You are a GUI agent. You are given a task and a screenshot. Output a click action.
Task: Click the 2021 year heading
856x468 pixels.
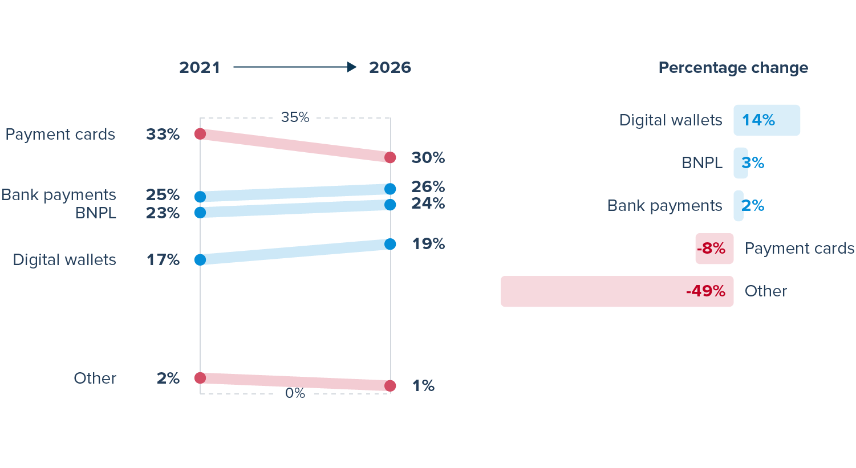click(x=200, y=67)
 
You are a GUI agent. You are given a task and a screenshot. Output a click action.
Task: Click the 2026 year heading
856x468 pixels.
click(x=390, y=67)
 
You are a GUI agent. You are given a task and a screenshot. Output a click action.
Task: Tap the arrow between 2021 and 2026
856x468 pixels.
click(x=295, y=67)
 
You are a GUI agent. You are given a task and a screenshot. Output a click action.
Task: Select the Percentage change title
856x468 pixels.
click(x=733, y=67)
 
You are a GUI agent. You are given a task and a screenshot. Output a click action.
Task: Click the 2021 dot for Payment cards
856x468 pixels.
click(x=200, y=134)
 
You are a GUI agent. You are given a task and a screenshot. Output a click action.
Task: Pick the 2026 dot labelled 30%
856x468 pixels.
click(x=390, y=157)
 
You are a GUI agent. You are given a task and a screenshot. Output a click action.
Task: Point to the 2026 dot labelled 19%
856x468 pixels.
click(x=390, y=244)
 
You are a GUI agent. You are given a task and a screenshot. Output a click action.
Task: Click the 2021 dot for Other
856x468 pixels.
click(x=200, y=378)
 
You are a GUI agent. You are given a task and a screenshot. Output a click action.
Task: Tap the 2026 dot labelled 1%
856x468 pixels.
click(x=390, y=386)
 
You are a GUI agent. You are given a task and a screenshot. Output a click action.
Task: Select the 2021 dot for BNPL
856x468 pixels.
click(x=200, y=213)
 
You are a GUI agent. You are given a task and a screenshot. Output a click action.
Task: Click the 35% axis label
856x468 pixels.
click(x=295, y=117)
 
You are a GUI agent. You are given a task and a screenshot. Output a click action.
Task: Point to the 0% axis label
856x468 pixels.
click(x=295, y=393)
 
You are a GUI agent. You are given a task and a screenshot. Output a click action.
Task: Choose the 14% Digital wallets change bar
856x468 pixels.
click(x=766, y=120)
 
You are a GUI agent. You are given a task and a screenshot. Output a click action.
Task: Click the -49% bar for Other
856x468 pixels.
click(x=616, y=291)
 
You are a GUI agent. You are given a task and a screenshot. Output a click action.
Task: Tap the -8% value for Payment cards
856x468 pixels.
click(x=711, y=249)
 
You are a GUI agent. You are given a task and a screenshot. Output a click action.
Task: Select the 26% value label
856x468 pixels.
click(x=428, y=186)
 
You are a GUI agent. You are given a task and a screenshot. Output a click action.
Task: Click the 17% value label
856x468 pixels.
click(x=163, y=260)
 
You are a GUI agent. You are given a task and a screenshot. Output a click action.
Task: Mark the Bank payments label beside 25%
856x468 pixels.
click(x=59, y=195)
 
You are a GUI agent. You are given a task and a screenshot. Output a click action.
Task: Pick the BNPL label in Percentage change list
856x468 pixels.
click(x=702, y=163)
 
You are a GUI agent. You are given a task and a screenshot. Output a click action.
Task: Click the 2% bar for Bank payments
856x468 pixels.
click(x=739, y=206)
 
